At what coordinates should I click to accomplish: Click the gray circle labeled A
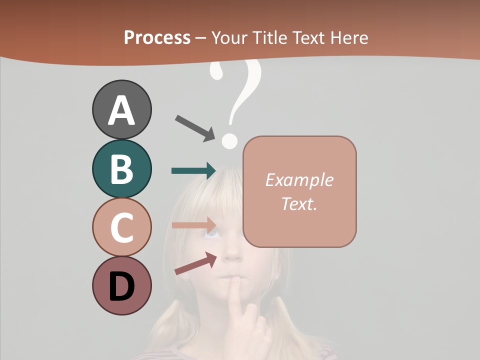pos(121,109)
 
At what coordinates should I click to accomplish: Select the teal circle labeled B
pos(121,168)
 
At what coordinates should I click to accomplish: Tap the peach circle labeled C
pos(121,227)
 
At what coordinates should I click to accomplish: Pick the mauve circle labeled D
pos(121,286)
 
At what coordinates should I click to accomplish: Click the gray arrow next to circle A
pos(195,127)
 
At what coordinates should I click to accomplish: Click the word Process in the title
pos(157,38)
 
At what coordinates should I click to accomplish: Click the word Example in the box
pos(299,180)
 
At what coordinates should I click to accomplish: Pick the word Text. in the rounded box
pos(299,204)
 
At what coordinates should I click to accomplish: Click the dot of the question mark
pos(229,140)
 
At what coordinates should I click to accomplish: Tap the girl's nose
pos(231,255)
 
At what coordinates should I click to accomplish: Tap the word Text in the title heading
pos(307,38)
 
